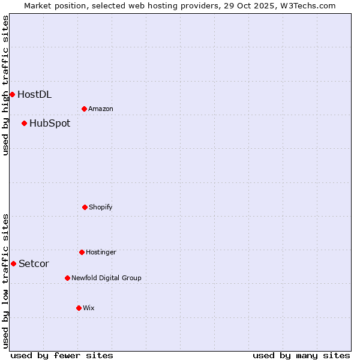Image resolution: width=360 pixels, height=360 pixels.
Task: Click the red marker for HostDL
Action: point(12,94)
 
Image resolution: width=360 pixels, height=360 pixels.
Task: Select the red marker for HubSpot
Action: point(24,123)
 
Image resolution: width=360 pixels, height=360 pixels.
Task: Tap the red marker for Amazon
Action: point(84,109)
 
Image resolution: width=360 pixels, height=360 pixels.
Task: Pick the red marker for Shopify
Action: point(85,207)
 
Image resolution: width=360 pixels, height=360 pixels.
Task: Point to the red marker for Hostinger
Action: point(82,252)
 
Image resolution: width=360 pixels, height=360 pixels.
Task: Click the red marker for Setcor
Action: point(13,263)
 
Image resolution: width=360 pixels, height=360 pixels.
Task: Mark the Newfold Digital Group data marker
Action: point(67,278)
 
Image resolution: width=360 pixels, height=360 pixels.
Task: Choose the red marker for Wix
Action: point(79,308)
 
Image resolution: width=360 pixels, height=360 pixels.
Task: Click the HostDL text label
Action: point(34,94)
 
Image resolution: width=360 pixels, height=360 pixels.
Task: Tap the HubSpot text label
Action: point(50,124)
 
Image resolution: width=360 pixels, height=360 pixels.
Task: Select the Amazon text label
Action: point(101,109)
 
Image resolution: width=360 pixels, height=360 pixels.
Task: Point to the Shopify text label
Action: point(101,208)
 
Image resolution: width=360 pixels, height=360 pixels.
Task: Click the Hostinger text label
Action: point(101,253)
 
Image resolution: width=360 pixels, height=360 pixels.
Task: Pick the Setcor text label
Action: point(34,264)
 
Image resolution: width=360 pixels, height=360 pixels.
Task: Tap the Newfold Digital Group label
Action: point(106,278)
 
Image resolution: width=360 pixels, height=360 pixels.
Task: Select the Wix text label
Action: point(89,308)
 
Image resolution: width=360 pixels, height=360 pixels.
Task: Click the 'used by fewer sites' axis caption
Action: point(62,355)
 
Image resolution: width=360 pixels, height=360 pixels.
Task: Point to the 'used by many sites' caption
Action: point(301,355)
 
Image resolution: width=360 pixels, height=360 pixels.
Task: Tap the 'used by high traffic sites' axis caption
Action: point(5,85)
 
